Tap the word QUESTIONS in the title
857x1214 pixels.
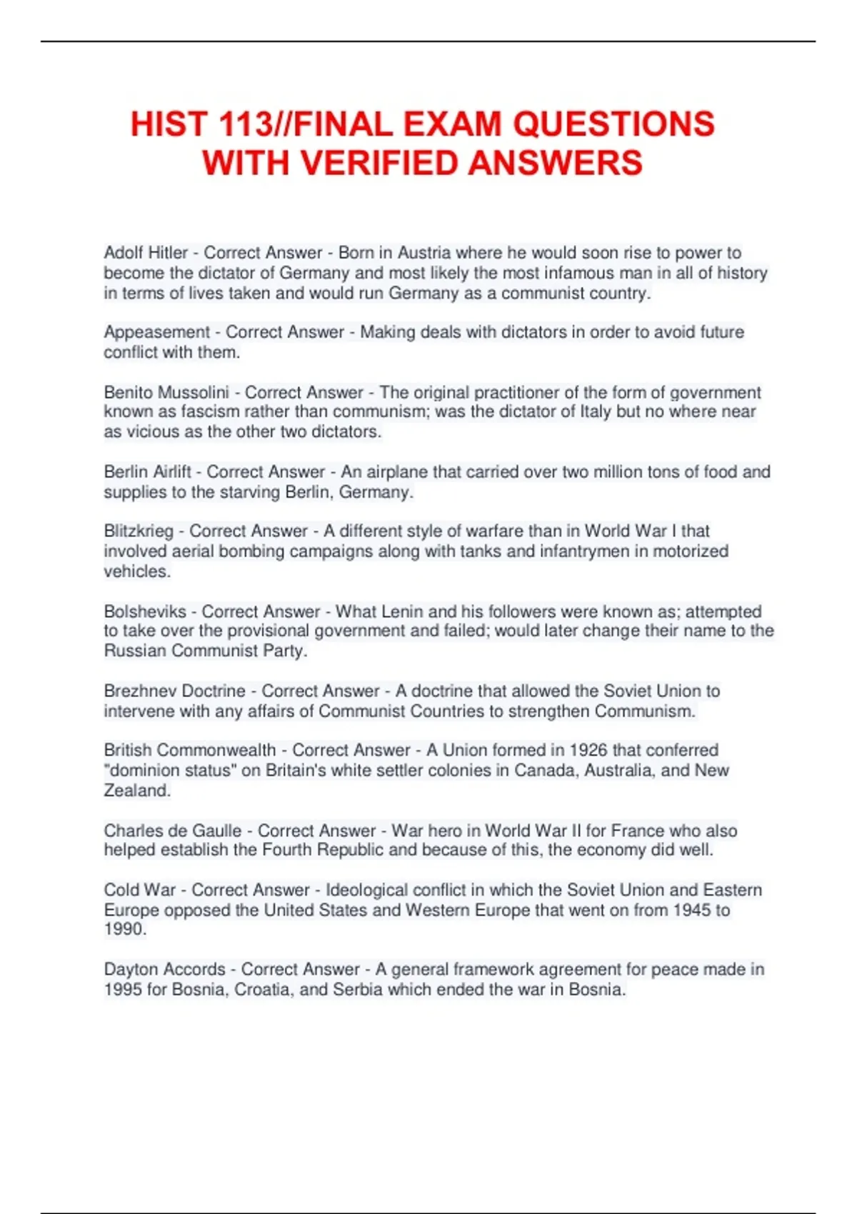coord(613,124)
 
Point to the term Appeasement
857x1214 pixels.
coord(157,332)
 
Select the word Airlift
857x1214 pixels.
coord(171,471)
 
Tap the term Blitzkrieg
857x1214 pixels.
coord(139,531)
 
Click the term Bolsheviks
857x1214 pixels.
coord(145,611)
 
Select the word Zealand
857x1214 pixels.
coord(136,791)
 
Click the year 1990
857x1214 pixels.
coord(125,929)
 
